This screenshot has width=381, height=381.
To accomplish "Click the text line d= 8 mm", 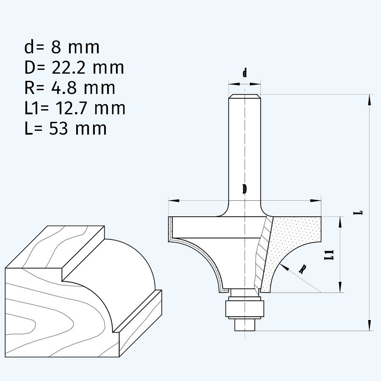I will pos(62,47).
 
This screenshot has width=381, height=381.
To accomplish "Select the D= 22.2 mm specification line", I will pos(74,68).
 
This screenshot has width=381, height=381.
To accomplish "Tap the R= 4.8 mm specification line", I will pos(70,88).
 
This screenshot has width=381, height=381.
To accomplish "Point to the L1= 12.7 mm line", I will pos(75,108).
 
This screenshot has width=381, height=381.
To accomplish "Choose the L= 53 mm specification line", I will pos(66,128).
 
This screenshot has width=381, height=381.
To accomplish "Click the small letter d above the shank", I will pos(245,73).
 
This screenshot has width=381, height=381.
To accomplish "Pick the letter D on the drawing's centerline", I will pos(245,189).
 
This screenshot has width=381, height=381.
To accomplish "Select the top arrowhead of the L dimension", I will pos(370,99).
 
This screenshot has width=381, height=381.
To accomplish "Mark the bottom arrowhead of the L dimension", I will pos(370,325).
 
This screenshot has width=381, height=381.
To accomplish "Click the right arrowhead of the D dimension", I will pos(315,201).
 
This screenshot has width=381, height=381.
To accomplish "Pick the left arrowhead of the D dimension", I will pos(174,201).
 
